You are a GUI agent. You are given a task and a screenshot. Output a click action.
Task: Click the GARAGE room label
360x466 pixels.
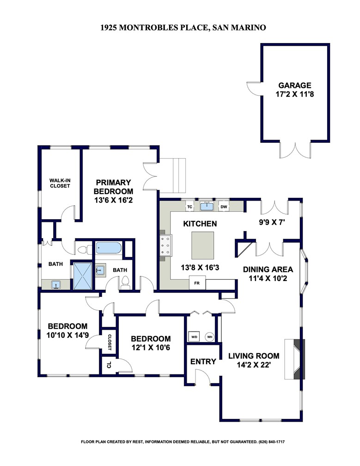click(x=295, y=85)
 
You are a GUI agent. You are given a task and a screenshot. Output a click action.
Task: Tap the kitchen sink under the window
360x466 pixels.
click(x=207, y=206)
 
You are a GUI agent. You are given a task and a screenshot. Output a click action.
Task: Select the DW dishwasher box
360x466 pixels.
click(x=224, y=207)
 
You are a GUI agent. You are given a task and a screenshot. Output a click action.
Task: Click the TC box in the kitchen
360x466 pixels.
click(x=190, y=207)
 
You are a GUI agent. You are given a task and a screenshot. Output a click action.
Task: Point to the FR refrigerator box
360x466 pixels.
click(x=197, y=283)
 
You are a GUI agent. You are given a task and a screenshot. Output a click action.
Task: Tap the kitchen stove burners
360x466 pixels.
click(x=166, y=245)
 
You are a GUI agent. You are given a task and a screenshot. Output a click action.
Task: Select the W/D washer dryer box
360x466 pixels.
click(x=194, y=337)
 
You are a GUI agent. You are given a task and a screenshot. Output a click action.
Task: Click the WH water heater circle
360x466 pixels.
click(x=210, y=337)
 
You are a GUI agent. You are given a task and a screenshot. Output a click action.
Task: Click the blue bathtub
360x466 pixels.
click(x=109, y=248)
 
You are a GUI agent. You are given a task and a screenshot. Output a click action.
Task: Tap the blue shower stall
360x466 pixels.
click(x=83, y=276)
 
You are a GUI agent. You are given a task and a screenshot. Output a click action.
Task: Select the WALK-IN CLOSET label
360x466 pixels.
click(x=60, y=183)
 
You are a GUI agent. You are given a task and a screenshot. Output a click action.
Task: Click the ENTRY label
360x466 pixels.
click(x=203, y=362)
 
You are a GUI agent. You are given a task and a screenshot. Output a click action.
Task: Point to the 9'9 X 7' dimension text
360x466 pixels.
click(x=272, y=222)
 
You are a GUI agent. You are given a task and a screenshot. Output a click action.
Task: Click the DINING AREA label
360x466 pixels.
click(x=268, y=270)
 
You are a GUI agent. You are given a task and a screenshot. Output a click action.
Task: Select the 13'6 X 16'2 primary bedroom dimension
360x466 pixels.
click(x=114, y=200)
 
